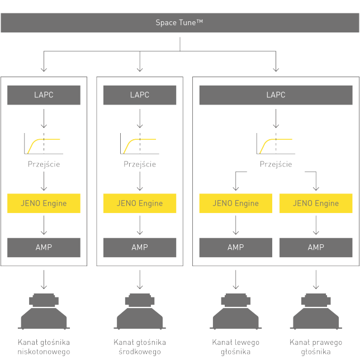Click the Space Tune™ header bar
click(x=179, y=23)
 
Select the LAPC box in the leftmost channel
click(x=44, y=95)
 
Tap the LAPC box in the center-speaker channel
click(x=140, y=95)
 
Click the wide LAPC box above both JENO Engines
click(x=276, y=95)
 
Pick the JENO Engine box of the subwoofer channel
click(x=44, y=203)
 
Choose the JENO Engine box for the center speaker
click(x=140, y=203)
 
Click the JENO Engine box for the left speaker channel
click(x=235, y=203)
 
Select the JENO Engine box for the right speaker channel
click(x=316, y=203)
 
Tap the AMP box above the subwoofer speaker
click(x=44, y=247)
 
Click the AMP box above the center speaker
click(x=140, y=247)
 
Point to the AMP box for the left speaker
click(x=235, y=247)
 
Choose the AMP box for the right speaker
click(x=316, y=247)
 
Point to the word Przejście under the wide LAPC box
click(x=276, y=164)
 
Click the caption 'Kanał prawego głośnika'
click(x=316, y=347)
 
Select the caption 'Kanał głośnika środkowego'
click(x=140, y=347)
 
